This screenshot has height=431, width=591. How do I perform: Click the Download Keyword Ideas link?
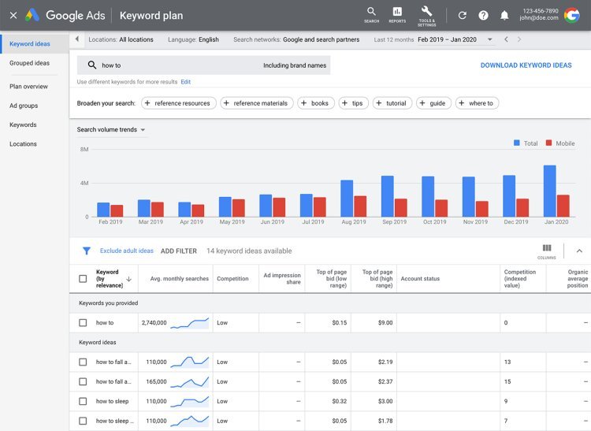[x=526, y=65]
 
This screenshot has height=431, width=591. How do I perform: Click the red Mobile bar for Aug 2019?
[x=360, y=206]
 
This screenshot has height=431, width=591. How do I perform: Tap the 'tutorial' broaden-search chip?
[x=392, y=103]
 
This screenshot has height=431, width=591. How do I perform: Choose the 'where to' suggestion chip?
[x=475, y=103]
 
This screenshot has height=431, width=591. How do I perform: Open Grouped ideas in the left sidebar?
[x=29, y=63]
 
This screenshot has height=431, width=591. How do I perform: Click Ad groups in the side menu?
[x=24, y=106]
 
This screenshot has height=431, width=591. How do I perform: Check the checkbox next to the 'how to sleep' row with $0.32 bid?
[x=83, y=401]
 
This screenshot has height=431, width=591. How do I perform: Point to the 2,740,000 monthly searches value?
[x=154, y=322]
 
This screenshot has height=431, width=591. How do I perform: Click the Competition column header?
[x=232, y=278]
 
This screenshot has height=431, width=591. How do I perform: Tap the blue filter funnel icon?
[x=87, y=251]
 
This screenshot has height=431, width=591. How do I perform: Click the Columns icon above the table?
[x=547, y=249]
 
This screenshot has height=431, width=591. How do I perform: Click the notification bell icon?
[x=504, y=15]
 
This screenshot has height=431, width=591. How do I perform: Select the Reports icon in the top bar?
[x=397, y=14]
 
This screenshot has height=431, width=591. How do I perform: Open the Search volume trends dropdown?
[x=111, y=129]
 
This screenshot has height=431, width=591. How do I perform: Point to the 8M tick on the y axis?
[x=84, y=149]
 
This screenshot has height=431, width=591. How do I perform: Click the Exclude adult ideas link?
[x=126, y=251]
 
